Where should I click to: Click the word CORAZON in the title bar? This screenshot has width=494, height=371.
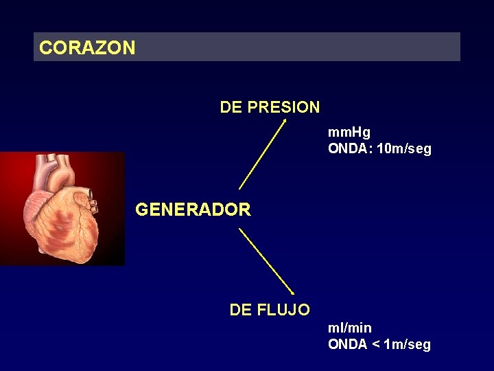tap(87, 48)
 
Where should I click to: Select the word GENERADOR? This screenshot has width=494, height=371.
tap(193, 210)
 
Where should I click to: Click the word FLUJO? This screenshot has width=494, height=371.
tap(283, 310)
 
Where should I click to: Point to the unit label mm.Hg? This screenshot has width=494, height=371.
tap(349, 133)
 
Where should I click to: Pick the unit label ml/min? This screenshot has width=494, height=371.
tap(349, 328)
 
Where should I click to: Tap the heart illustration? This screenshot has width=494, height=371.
tap(62, 209)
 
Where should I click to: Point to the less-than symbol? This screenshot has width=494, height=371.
tap(377, 345)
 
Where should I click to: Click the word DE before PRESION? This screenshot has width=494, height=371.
tap(231, 107)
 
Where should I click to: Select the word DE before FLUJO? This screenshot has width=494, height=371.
tap(241, 310)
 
